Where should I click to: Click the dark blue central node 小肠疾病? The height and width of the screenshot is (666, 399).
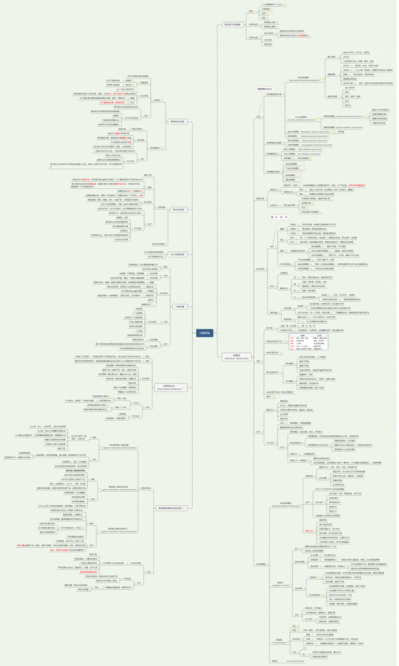click(205, 332)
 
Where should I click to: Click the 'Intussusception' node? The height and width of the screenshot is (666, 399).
click(278, 642)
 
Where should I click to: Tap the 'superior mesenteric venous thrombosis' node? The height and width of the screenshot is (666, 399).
click(122, 530)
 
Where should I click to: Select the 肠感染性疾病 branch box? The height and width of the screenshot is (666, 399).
click(178, 122)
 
